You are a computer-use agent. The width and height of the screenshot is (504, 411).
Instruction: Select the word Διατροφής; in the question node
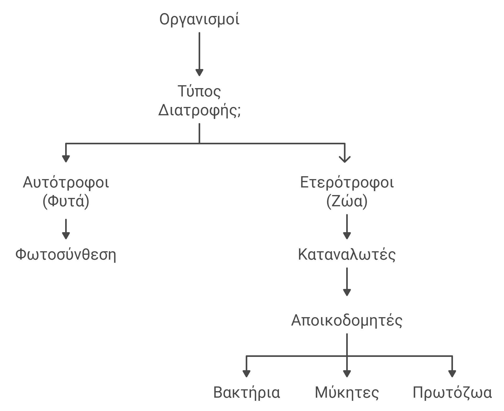199,111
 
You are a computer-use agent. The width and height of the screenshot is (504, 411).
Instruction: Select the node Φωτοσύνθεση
66,254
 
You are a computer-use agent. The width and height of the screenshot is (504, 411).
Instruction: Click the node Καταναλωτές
347,254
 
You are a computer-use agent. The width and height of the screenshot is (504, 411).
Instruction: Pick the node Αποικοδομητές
347,320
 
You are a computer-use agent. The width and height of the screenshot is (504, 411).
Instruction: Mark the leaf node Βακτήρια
247,392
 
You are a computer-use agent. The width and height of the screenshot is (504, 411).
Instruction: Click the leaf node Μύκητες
347,392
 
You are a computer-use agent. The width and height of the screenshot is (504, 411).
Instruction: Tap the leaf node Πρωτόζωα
452,392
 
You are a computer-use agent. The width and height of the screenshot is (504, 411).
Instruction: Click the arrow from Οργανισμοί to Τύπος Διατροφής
199,54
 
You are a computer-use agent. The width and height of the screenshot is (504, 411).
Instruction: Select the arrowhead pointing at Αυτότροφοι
66,158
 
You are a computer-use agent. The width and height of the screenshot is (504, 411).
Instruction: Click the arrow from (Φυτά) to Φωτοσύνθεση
66,229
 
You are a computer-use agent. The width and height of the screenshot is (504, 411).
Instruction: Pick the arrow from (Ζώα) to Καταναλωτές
347,227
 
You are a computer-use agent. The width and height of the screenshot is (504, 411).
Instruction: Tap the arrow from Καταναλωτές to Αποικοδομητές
347,282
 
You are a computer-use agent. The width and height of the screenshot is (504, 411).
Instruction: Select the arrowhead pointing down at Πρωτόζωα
452,374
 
